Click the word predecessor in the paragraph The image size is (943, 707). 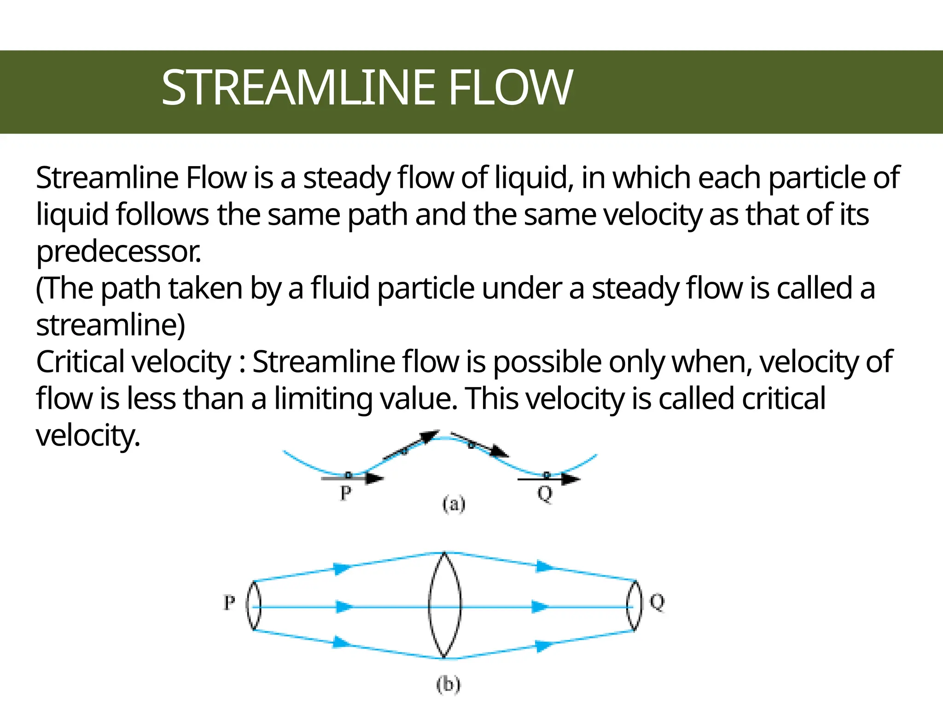[x=118, y=252]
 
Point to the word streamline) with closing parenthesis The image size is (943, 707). [x=111, y=325]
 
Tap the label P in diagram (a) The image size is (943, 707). [x=345, y=493]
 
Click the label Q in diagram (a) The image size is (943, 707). [x=545, y=494]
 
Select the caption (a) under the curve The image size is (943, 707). [x=454, y=504]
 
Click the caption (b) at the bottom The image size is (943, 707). [x=448, y=684]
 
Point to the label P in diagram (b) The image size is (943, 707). [x=229, y=602]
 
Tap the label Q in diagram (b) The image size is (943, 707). [x=657, y=602]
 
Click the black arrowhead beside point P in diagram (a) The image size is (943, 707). [x=375, y=479]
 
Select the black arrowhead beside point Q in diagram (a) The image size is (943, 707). [x=571, y=480]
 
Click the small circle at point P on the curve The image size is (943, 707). [x=349, y=475]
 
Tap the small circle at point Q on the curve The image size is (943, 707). [x=547, y=475]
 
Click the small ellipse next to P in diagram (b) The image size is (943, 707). [x=254, y=605]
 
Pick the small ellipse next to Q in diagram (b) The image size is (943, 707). [x=634, y=605]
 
